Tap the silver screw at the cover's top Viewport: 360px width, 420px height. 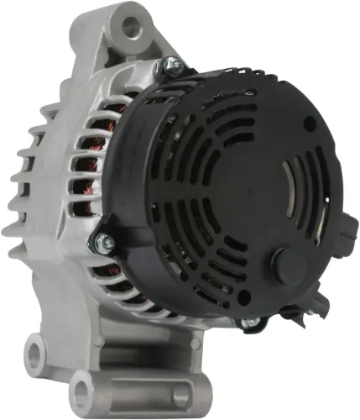pyautogui.click(x=171, y=64)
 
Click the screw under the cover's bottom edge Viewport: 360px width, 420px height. pyautogui.click(x=245, y=321)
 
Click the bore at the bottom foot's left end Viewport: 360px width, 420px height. pyautogui.click(x=83, y=391)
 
